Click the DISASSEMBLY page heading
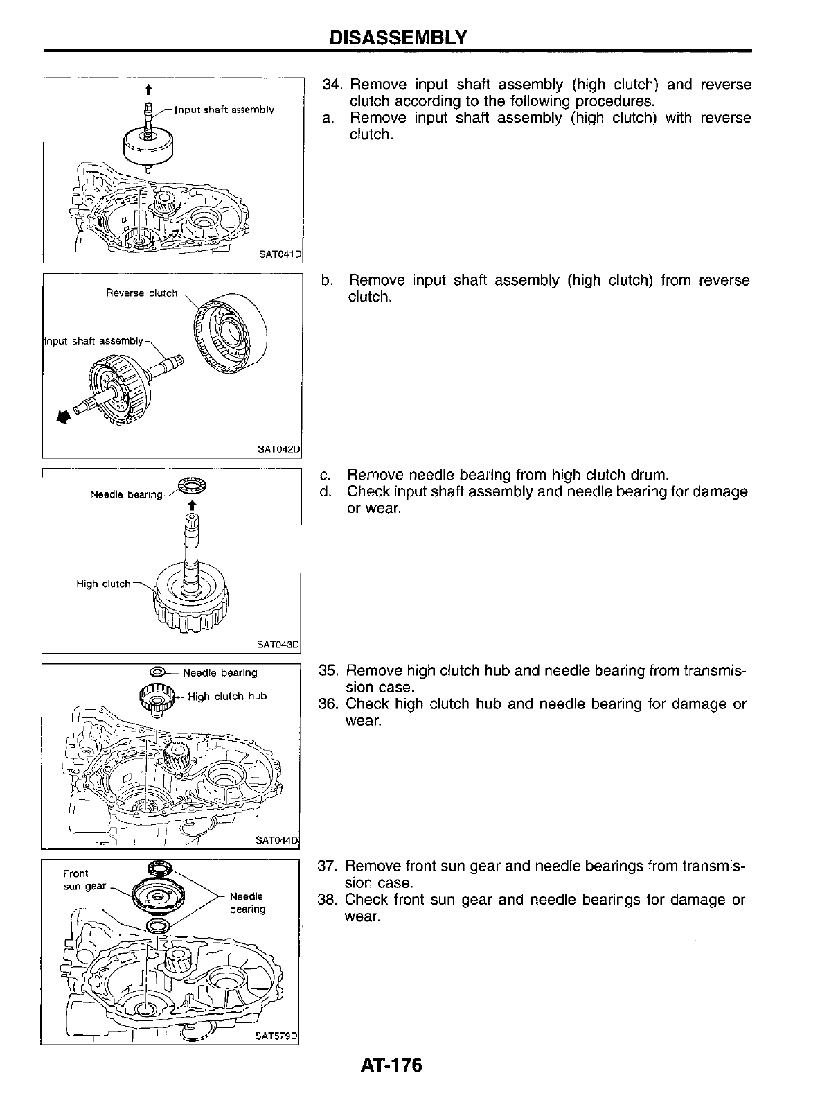pyautogui.click(x=398, y=37)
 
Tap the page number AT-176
pyautogui.click(x=391, y=1065)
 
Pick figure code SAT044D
pyautogui.click(x=276, y=840)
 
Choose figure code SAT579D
pyautogui.click(x=276, y=1036)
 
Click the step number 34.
pyautogui.click(x=334, y=85)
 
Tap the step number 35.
pyautogui.click(x=328, y=671)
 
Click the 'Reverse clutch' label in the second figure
pyautogui.click(x=141, y=293)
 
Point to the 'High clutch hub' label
pyautogui.click(x=227, y=696)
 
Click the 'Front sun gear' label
pyautogui.click(x=82, y=880)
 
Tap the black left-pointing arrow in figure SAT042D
pyautogui.click(x=64, y=417)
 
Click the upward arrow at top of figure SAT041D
pyautogui.click(x=148, y=89)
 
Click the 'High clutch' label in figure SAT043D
pyautogui.click(x=103, y=584)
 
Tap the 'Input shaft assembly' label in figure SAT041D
pyautogui.click(x=224, y=110)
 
